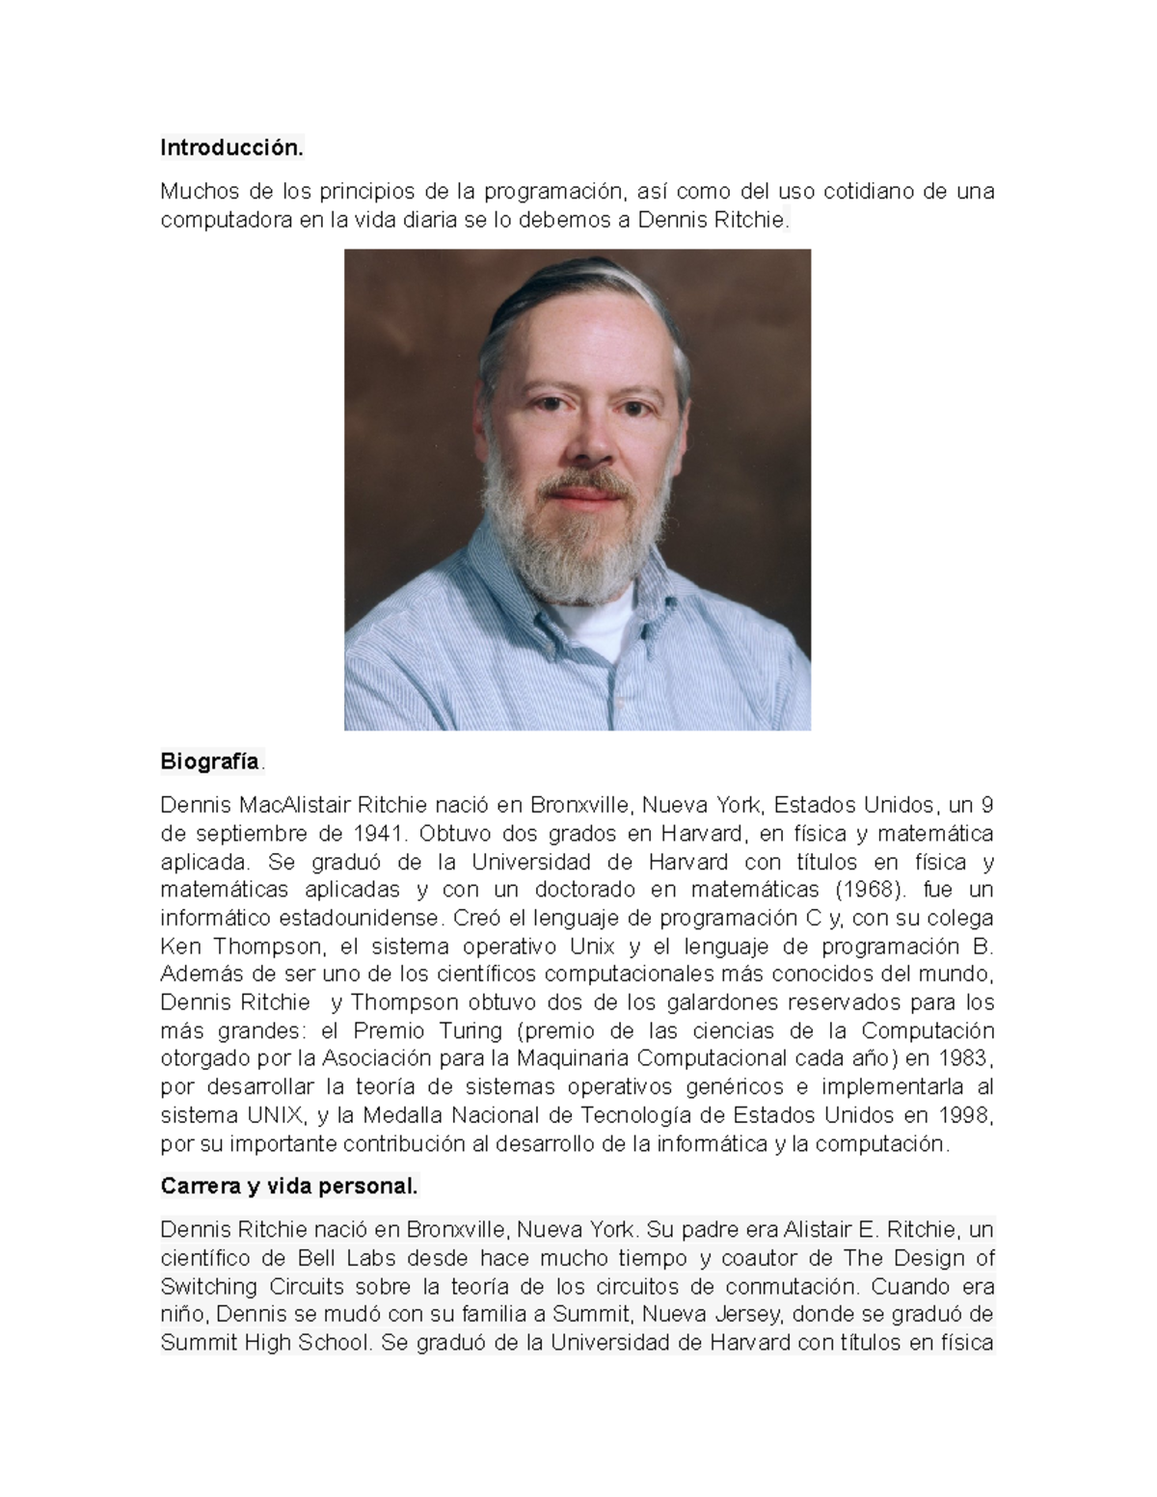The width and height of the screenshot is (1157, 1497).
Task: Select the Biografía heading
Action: pos(210,762)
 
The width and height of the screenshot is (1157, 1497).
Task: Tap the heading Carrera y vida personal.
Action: pos(289,1187)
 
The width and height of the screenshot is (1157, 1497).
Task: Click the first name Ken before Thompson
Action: pos(181,946)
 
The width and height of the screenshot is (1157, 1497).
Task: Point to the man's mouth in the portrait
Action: pos(584,494)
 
